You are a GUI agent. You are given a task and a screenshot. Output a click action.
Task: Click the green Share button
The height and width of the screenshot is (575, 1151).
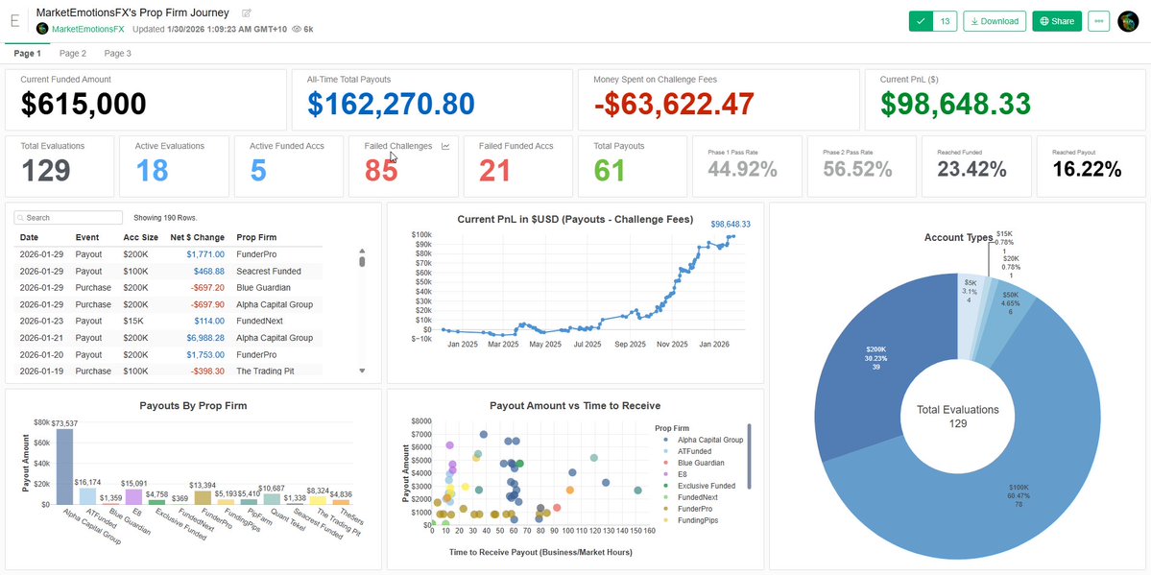click(x=1056, y=21)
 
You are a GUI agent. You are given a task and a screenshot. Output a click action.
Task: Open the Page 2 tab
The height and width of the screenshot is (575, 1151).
click(x=72, y=54)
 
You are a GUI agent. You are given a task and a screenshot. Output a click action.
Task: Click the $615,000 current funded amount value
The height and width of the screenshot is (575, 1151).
click(x=84, y=104)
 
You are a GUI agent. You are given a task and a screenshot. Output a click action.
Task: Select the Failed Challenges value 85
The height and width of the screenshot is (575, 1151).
click(x=381, y=171)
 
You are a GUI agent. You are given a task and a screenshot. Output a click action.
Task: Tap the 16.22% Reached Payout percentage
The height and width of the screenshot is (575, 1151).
click(x=1087, y=170)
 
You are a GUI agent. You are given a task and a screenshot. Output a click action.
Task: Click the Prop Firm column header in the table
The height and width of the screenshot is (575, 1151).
click(x=256, y=237)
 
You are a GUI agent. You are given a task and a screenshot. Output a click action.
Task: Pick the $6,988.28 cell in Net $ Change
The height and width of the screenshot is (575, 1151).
click(x=199, y=338)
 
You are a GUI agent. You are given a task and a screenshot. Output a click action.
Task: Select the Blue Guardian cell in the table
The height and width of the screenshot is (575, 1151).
click(x=263, y=287)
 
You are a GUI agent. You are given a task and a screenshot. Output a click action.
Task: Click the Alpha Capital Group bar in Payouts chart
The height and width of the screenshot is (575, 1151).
click(x=64, y=467)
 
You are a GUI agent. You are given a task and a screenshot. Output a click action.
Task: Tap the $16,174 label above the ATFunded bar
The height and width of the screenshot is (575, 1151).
click(x=87, y=482)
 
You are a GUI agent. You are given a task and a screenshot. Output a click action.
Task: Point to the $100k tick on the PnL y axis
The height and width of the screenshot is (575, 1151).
click(x=420, y=234)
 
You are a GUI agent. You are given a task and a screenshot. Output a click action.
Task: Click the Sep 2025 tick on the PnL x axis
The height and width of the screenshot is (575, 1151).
click(x=629, y=344)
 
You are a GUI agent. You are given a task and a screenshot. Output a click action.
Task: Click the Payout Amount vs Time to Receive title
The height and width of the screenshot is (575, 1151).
click(x=574, y=406)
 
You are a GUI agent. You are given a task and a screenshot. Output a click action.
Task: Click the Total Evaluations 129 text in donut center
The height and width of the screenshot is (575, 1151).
click(x=957, y=416)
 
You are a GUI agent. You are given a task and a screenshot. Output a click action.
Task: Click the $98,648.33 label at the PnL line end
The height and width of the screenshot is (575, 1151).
click(x=730, y=224)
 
